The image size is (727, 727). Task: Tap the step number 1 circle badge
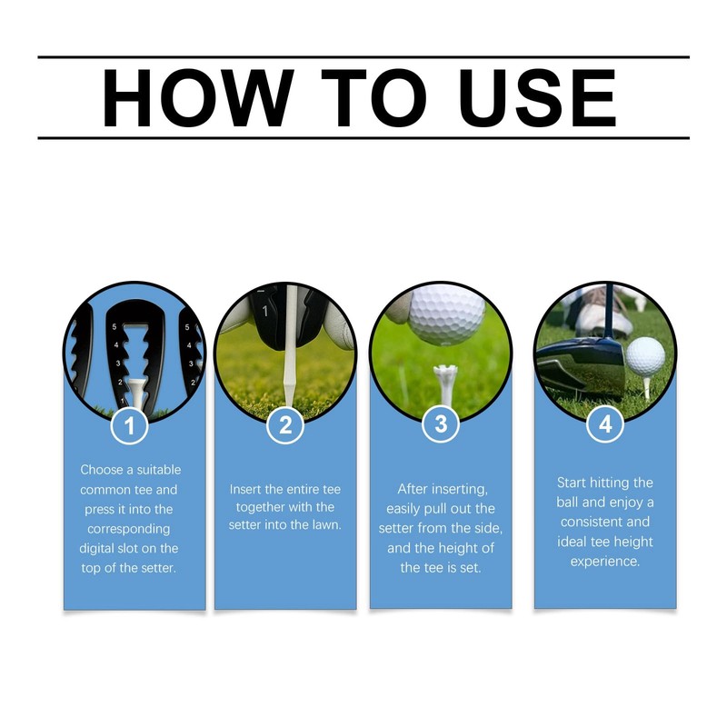(129, 426)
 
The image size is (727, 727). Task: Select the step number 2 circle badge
(285, 425)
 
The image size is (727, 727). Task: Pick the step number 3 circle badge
(441, 425)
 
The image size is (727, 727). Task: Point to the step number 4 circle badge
(604, 424)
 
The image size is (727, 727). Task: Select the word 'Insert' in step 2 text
(246, 490)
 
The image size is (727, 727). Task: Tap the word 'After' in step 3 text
(413, 489)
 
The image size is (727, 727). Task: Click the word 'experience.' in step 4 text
(605, 562)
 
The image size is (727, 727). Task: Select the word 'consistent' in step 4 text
(592, 522)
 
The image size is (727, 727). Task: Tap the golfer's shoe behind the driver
(601, 314)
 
